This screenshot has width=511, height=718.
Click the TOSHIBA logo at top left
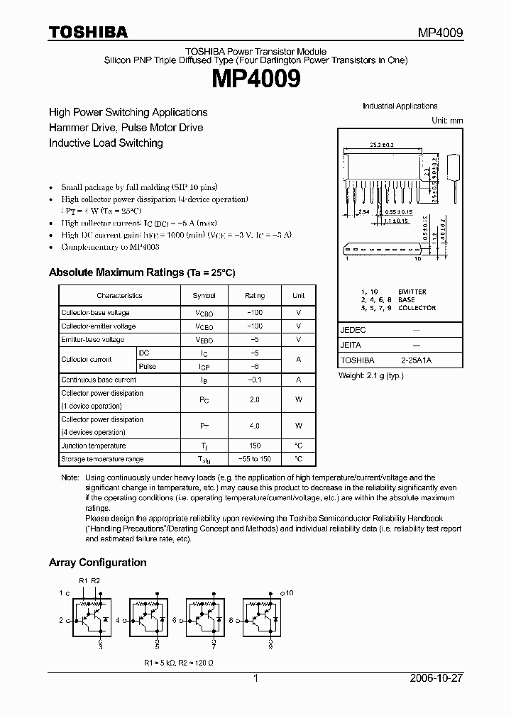88,32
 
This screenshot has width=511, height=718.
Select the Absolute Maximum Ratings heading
141,272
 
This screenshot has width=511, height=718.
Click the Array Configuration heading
97,563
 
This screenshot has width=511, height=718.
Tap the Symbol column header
204,296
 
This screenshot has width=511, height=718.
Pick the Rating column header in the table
254,296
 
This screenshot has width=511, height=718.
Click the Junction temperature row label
93,446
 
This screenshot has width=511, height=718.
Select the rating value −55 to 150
254,459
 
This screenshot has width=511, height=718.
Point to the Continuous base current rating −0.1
254,380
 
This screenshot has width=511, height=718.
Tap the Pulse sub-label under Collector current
148,366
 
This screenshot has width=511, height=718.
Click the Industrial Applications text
400,106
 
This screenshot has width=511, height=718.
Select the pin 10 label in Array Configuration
289,591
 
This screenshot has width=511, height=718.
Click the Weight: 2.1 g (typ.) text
370,375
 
